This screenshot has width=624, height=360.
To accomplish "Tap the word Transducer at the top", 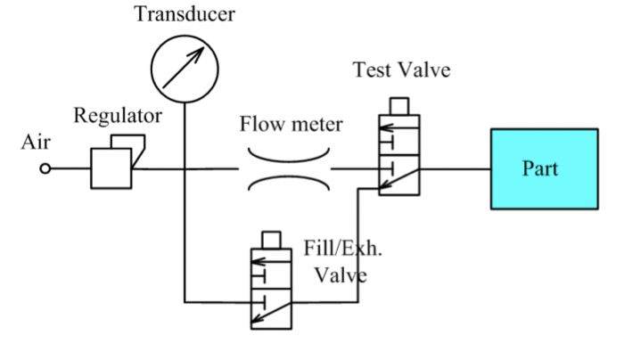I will coord(185,15).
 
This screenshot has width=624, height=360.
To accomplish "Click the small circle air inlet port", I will coord(45,168).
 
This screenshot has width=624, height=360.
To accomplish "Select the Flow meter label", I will coord(290,124).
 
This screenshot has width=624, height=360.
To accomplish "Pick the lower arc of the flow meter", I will coord(290,187).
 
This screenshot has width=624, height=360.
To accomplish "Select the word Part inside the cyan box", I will coord(541,168).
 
